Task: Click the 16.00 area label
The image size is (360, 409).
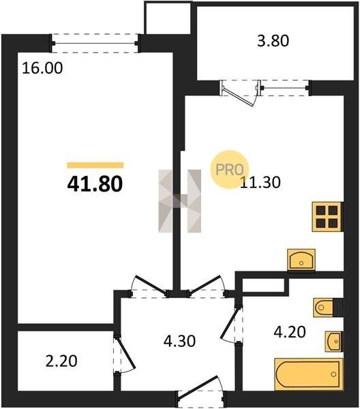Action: pyautogui.click(x=42, y=68)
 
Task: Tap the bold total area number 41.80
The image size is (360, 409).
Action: pyautogui.click(x=95, y=183)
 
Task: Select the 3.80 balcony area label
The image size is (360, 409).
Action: pyautogui.click(x=273, y=41)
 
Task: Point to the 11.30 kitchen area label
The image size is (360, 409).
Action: pyautogui.click(x=260, y=182)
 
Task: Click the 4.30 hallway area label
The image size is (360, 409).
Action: pyautogui.click(x=179, y=341)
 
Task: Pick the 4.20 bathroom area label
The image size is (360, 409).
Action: pyautogui.click(x=290, y=333)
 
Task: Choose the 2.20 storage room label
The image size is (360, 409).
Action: pyautogui.click(x=61, y=361)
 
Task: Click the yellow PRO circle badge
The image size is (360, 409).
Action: pyautogui.click(x=230, y=169)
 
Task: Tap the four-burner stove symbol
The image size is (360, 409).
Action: pyautogui.click(x=327, y=217)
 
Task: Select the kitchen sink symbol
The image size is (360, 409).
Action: pyautogui.click(x=301, y=260)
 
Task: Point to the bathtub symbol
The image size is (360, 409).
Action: pyautogui.click(x=308, y=374)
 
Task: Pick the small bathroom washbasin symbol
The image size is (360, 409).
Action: pyautogui.click(x=334, y=342)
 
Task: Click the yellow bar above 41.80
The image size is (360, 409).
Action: pyautogui.click(x=95, y=165)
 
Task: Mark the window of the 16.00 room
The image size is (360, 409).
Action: pyautogui.click(x=95, y=44)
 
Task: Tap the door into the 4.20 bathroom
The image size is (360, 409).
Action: pyautogui.click(x=232, y=324)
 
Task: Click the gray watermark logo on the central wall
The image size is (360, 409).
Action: pyautogui.click(x=180, y=201)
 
